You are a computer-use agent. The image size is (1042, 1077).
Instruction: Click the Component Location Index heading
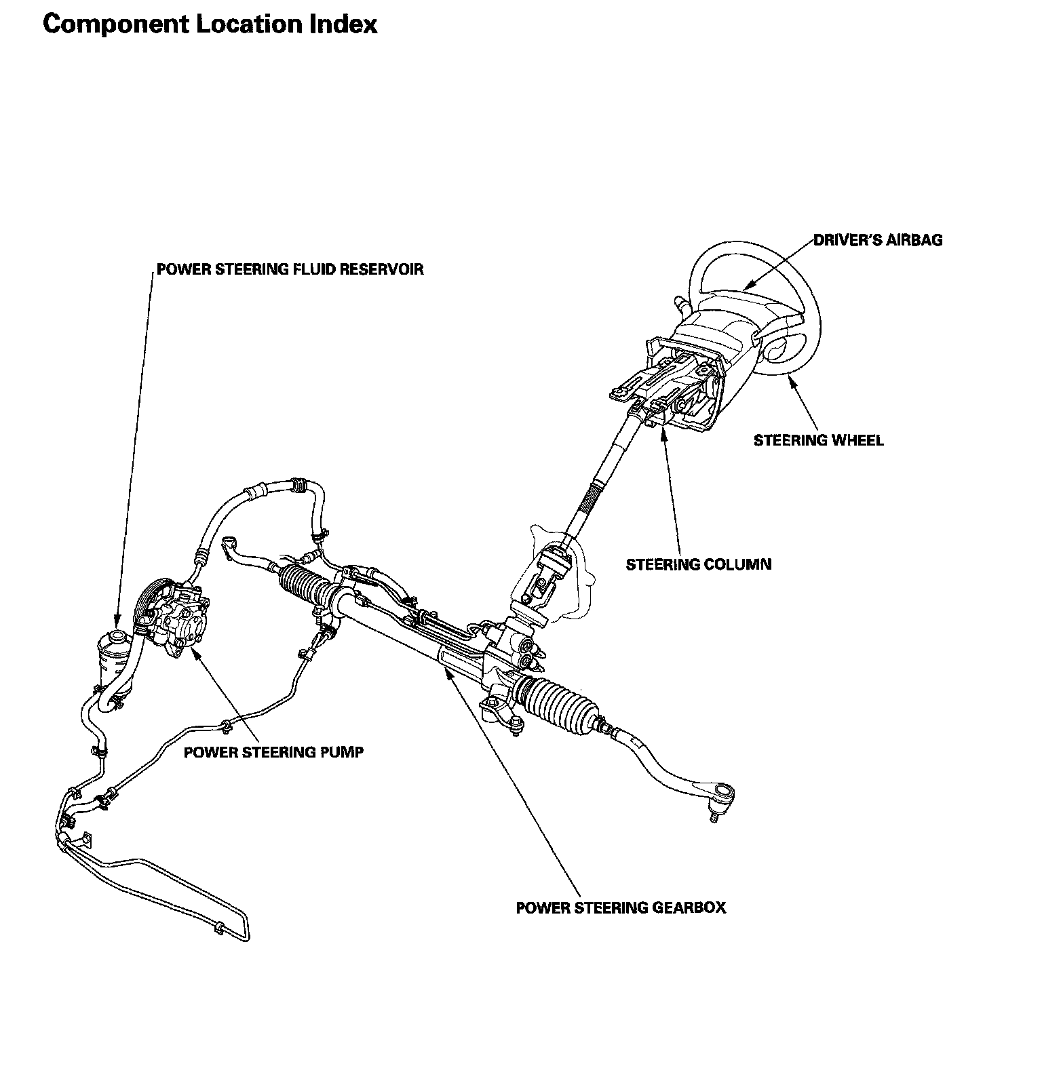(210, 25)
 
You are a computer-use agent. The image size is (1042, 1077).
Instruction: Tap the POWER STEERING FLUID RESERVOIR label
(290, 269)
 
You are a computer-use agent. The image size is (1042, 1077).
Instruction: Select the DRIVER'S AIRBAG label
(877, 239)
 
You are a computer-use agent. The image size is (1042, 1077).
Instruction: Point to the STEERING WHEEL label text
(818, 440)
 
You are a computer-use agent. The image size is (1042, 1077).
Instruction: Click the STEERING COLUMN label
(698, 564)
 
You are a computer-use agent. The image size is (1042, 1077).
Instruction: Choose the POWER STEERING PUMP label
(273, 751)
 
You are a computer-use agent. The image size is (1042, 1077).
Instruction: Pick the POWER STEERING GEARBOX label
(620, 907)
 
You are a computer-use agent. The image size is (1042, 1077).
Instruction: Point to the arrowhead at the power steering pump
(195, 653)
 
